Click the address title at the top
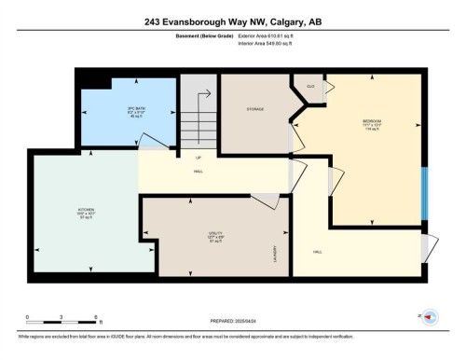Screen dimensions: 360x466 [233, 21]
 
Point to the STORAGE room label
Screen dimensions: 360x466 [255, 109]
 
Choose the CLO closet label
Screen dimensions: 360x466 [308, 86]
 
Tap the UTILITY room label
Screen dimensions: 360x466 [215, 236]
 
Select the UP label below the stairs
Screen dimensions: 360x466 [199, 157]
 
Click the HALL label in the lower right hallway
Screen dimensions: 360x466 [317, 252]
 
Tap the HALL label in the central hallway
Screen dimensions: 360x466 [199, 172]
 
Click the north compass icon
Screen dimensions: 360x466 [430, 317]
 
